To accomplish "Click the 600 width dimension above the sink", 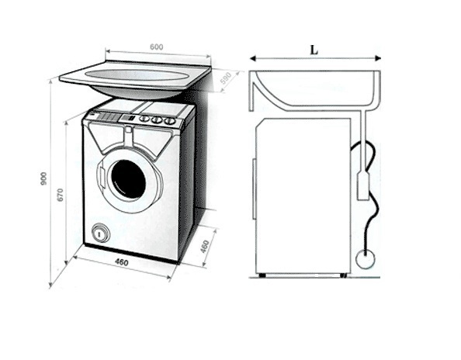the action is tap(157, 47).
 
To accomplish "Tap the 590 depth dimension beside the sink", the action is tap(227, 78).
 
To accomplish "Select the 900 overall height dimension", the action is tap(43, 178).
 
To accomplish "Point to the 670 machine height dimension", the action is tap(60, 194).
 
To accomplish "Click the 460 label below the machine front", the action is tap(121, 261).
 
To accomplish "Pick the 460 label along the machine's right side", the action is tap(205, 246).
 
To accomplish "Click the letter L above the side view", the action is tap(314, 50).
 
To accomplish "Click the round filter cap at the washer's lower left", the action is tap(100, 234).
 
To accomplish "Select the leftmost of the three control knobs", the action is tap(144, 119).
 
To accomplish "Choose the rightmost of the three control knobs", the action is tap(169, 120).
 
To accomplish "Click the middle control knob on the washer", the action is tap(157, 119).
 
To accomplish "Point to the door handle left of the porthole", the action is tap(102, 178).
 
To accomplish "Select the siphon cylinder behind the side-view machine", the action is tap(362, 187).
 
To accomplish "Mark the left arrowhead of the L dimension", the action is tap(252, 58).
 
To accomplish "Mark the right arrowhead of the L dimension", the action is tap(378, 58).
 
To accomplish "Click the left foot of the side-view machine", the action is tap(262, 275).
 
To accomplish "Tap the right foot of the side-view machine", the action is tap(343, 275).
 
